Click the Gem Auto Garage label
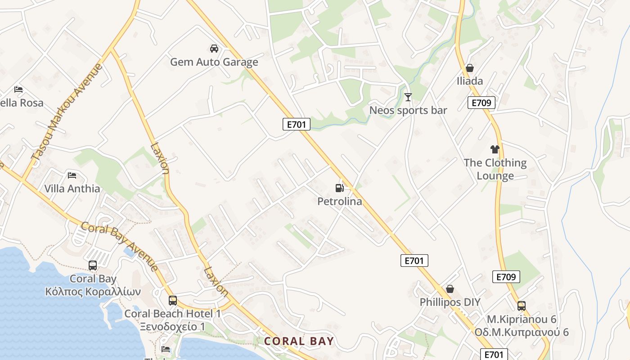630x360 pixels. (214, 62)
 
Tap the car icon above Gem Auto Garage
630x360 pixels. (214, 48)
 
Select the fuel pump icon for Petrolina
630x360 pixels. (340, 188)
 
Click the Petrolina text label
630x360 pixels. (340, 201)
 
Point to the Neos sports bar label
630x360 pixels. (408, 110)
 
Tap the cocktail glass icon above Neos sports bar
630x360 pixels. (408, 97)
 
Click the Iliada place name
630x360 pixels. (470, 81)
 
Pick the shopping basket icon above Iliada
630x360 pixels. (470, 68)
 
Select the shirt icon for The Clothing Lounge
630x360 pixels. (495, 149)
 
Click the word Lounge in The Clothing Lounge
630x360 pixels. (495, 175)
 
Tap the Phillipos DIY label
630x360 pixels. (450, 302)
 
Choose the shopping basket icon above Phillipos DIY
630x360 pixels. (450, 289)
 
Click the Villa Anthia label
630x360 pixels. (72, 189)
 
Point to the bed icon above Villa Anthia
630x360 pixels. (72, 175)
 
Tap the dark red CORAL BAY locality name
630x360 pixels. (299, 341)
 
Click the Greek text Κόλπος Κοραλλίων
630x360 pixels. (93, 292)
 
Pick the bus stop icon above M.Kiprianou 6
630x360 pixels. (522, 306)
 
